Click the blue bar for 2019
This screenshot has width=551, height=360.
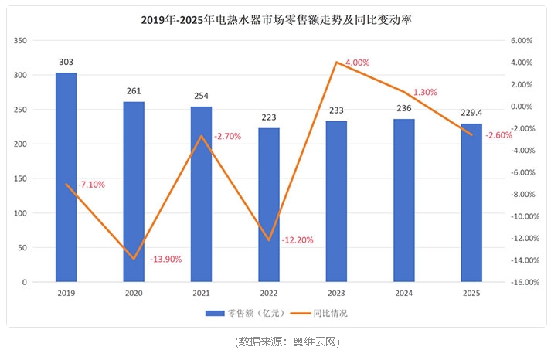[66, 177]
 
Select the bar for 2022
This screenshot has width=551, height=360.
[269, 205]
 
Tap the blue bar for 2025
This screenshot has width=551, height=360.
[471, 202]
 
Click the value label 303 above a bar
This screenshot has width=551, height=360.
[66, 63]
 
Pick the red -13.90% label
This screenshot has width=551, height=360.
[165, 260]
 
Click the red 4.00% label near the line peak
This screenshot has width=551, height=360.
[356, 63]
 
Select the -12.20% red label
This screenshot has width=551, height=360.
[298, 240]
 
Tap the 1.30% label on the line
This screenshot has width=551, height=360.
[425, 92]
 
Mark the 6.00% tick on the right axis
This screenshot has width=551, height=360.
[522, 40]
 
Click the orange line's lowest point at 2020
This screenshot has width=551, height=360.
[134, 259]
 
